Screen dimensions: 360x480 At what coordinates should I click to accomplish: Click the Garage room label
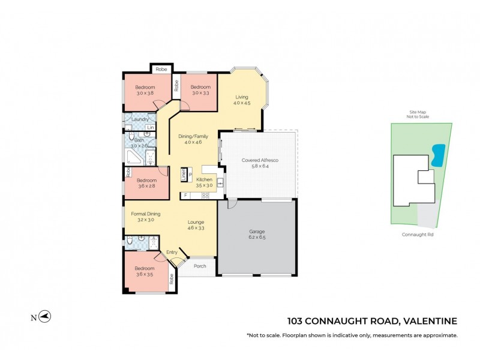(x=257, y=231)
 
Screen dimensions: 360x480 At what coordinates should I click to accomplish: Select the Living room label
(x=242, y=97)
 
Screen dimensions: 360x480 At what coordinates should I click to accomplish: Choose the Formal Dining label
(x=143, y=214)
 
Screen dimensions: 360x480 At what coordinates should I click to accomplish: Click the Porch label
(x=200, y=266)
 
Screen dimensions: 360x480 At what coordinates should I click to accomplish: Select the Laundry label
(x=140, y=119)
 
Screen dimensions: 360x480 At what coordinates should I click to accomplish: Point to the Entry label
(x=172, y=252)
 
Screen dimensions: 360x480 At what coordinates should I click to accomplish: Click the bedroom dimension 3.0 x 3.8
(x=146, y=93)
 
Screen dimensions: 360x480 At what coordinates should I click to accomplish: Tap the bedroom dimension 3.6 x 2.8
(x=146, y=186)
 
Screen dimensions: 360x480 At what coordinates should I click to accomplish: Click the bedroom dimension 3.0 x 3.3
(x=200, y=93)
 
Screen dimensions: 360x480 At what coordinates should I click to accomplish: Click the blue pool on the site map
(x=439, y=155)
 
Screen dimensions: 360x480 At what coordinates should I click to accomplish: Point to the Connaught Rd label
(x=418, y=235)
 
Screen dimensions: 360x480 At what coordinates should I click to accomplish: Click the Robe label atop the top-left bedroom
(x=161, y=70)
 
